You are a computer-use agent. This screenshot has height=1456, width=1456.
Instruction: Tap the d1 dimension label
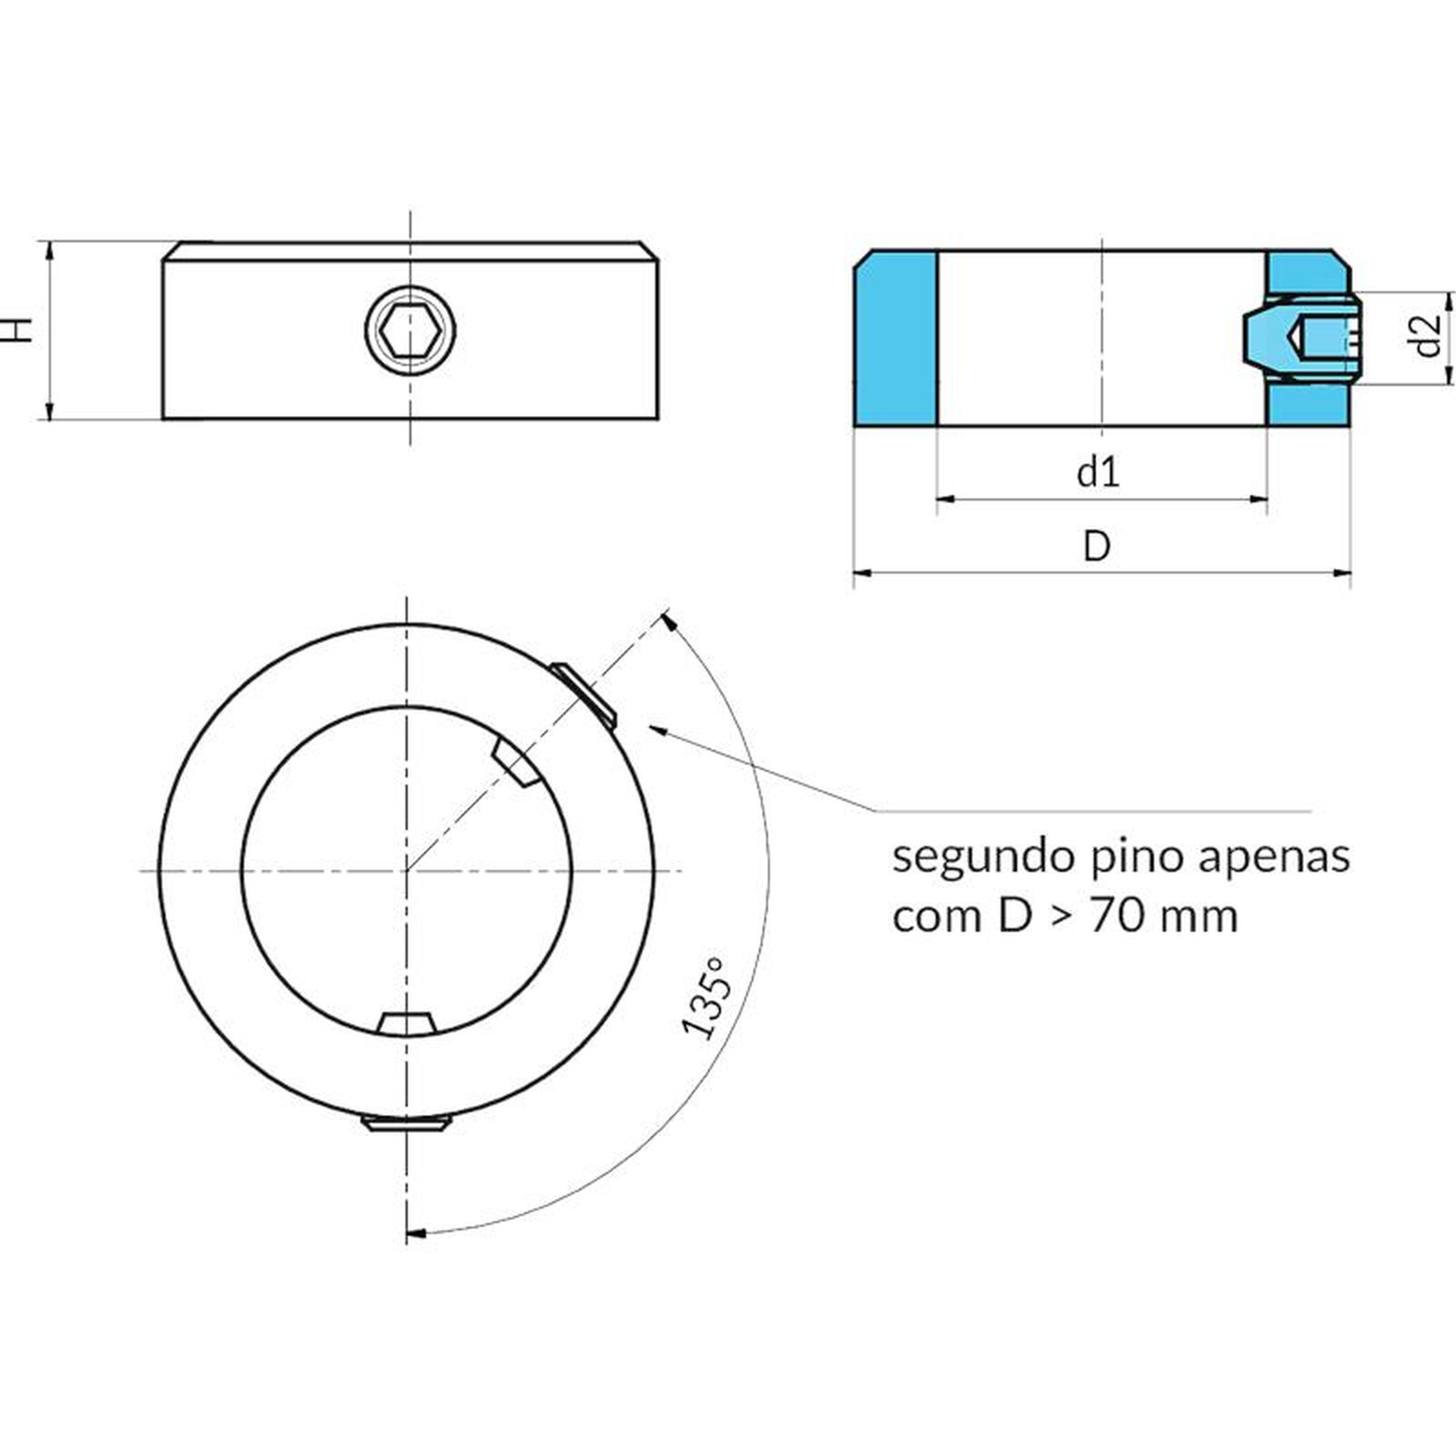pyautogui.click(x=1098, y=472)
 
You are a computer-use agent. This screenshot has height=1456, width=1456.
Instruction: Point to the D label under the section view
pyautogui.click(x=1097, y=546)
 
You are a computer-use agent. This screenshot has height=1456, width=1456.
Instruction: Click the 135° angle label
pyautogui.click(x=706, y=997)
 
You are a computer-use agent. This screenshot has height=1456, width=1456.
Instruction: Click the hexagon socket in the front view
pyautogui.click(x=410, y=330)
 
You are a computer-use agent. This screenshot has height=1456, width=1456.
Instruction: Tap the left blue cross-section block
pyautogui.click(x=895, y=339)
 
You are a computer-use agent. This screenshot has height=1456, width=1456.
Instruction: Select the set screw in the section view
pyautogui.click(x=1301, y=339)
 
